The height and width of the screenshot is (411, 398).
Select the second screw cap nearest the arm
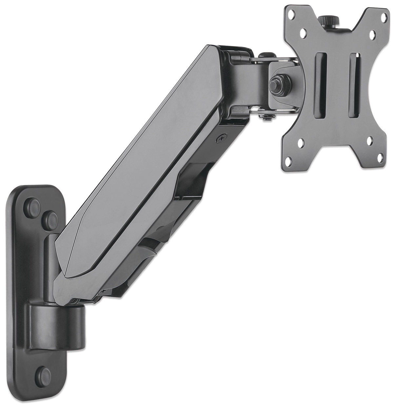tap(50, 217)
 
